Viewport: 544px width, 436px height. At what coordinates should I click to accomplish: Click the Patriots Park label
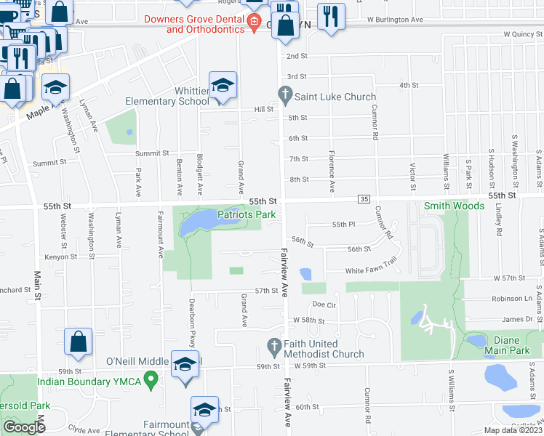247,214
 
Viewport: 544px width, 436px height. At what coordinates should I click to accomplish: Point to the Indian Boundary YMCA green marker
151,378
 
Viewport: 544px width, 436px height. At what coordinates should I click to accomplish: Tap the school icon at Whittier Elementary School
223,86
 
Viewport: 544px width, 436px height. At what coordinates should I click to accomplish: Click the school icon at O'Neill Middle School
185,364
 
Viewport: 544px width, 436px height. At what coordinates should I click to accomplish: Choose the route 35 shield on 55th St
364,199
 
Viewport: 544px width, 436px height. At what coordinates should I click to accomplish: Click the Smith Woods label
455,206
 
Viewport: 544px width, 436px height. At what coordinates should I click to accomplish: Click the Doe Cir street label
324,304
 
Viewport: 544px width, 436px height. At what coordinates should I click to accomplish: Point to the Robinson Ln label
512,299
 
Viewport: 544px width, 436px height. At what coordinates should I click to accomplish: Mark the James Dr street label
517,319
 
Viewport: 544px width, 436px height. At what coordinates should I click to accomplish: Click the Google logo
24,427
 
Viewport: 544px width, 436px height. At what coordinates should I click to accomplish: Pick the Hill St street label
263,109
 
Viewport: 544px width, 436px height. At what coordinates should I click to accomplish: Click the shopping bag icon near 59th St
78,342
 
